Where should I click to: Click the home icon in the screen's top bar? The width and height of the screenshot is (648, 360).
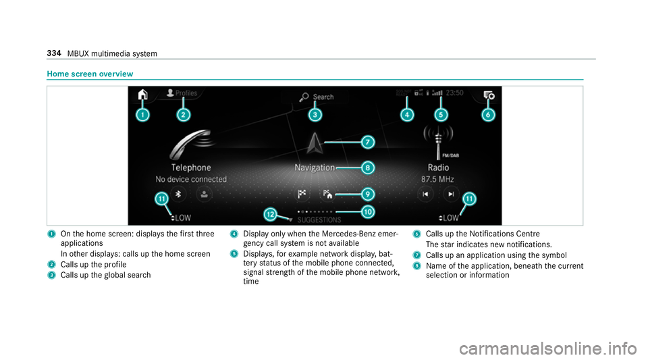[142, 95]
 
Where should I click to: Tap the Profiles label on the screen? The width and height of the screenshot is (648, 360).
[186, 93]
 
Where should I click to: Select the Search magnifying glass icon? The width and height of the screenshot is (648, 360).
[304, 97]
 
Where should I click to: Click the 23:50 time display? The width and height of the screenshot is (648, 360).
[454, 93]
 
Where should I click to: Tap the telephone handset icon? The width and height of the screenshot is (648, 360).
[191, 145]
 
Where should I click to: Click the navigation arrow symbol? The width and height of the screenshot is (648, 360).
[315, 144]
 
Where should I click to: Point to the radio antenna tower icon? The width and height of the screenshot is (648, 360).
[439, 143]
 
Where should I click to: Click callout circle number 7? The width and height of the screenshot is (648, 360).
[367, 143]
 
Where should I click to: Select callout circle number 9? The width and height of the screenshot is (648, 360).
[367, 194]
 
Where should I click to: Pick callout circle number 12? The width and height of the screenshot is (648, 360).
[270, 214]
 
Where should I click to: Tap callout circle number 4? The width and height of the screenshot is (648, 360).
[406, 115]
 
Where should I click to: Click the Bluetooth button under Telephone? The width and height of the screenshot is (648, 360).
[178, 194]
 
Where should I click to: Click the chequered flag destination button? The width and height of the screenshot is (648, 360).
[302, 194]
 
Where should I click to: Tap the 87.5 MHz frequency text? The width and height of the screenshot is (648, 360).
[437, 180]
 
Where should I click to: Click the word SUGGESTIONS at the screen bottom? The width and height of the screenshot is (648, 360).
[319, 220]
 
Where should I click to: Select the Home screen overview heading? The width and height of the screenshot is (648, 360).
[90, 74]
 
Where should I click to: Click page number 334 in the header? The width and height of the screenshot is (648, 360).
[54, 53]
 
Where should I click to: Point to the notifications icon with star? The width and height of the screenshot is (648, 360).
[489, 95]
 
